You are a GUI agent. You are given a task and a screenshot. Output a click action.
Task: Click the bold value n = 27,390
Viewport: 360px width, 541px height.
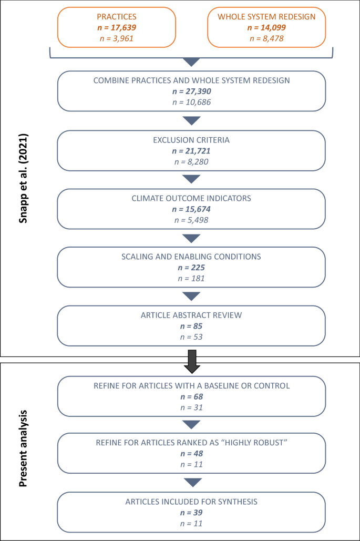pyautogui.click(x=191, y=91)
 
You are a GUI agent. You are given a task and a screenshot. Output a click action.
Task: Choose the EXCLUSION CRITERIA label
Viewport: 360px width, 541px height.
pyautogui.click(x=191, y=140)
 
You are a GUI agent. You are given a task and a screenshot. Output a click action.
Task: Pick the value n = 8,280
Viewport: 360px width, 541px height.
pyautogui.click(x=191, y=162)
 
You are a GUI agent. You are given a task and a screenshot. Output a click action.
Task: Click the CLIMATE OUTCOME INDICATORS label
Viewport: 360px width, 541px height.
pyautogui.click(x=191, y=198)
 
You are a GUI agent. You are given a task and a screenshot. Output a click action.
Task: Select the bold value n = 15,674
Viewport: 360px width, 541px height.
pyautogui.click(x=191, y=209)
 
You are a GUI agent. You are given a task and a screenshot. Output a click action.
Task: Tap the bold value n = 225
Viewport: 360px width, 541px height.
pyautogui.click(x=191, y=267)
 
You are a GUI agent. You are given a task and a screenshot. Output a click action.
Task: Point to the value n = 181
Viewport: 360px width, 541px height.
pyautogui.click(x=191, y=278)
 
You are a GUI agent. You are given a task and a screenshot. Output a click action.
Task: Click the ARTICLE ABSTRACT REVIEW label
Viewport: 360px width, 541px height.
pyautogui.click(x=191, y=315)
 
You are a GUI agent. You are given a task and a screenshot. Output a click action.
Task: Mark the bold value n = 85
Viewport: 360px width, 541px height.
pyautogui.click(x=191, y=326)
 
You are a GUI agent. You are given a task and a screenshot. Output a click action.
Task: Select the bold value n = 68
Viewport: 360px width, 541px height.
pyautogui.click(x=191, y=396)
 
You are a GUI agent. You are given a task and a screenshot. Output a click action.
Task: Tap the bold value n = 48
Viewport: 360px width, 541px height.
pyautogui.click(x=191, y=453)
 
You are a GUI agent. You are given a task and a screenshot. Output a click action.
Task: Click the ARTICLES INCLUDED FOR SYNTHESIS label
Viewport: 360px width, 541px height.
pyautogui.click(x=191, y=502)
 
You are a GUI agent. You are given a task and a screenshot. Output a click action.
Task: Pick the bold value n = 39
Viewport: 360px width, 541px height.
pyautogui.click(x=191, y=512)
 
